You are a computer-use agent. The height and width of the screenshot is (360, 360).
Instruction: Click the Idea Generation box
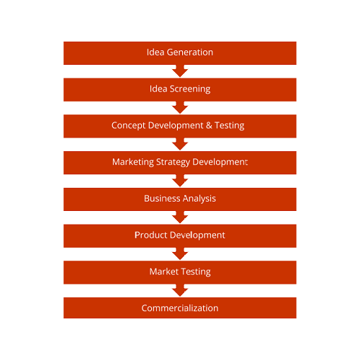tap(180, 53)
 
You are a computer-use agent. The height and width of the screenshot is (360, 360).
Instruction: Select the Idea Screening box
tap(180, 89)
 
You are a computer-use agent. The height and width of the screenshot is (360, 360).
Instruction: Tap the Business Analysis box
tap(180, 199)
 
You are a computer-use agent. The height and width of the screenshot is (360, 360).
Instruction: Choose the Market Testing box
tap(180, 272)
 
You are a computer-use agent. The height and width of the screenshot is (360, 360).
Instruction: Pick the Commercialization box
tap(180, 308)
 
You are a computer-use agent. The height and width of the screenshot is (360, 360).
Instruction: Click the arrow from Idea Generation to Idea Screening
tap(180, 71)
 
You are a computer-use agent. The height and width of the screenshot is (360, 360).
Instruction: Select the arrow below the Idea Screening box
tap(180, 107)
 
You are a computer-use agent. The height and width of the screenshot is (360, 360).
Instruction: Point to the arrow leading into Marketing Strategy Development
tap(180, 144)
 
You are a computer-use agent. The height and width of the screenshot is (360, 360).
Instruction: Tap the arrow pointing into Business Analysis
tap(180, 181)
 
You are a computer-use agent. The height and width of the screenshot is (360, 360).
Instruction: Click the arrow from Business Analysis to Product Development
tap(180, 217)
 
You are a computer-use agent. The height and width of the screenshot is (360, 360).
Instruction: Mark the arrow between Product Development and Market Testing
tap(180, 253)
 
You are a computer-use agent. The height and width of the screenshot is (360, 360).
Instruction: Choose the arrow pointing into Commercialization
tap(180, 290)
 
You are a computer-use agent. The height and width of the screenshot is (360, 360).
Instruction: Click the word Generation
tap(190, 53)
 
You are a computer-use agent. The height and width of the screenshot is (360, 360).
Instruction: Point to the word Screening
tap(190, 89)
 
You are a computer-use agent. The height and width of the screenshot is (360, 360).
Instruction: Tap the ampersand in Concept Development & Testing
tap(209, 125)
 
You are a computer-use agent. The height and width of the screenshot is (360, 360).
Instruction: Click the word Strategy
tap(173, 162)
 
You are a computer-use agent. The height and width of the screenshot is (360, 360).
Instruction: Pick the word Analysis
tap(199, 199)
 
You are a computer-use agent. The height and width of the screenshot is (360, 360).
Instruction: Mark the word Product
tap(150, 235)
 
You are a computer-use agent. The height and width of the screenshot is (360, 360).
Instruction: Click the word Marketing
tap(133, 162)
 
